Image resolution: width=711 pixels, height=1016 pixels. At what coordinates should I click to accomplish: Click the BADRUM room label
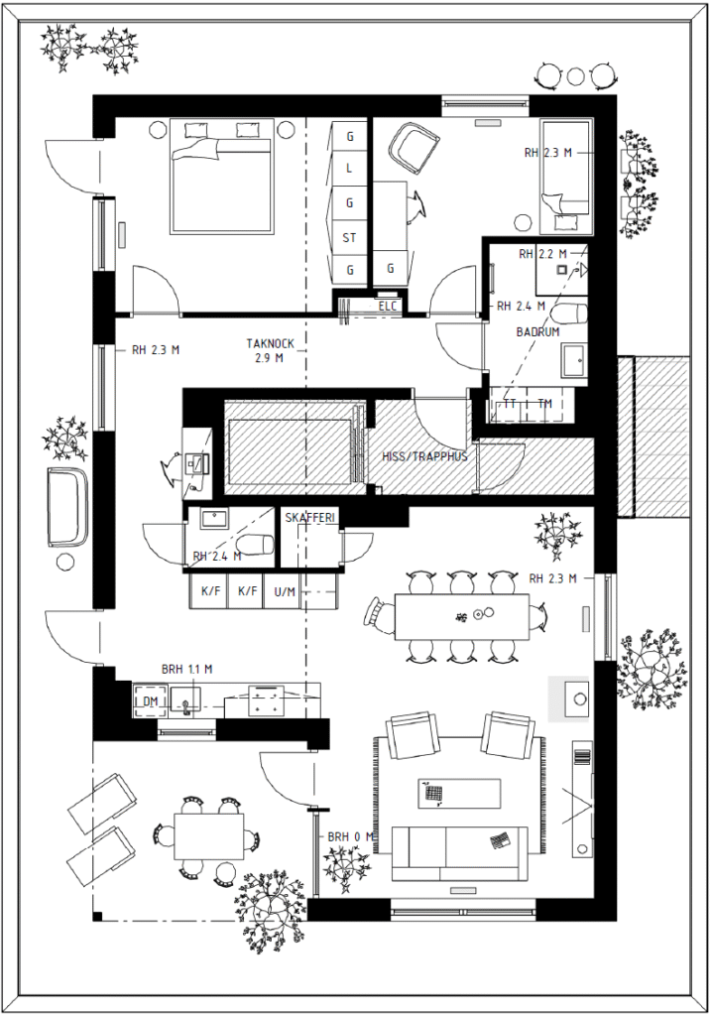pyautogui.click(x=537, y=331)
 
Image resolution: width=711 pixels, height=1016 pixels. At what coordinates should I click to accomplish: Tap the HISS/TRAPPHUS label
pyautogui.click(x=424, y=456)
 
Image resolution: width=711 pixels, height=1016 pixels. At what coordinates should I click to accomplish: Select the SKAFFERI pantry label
pyautogui.click(x=309, y=517)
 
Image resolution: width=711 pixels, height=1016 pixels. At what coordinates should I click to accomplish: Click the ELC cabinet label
pyautogui.click(x=387, y=307)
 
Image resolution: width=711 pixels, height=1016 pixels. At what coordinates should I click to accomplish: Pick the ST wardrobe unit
pyautogui.click(x=350, y=237)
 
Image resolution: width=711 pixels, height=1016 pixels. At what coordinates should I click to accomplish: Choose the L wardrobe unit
pyautogui.click(x=350, y=169)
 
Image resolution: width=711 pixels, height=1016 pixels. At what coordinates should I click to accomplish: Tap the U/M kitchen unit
pyautogui.click(x=285, y=591)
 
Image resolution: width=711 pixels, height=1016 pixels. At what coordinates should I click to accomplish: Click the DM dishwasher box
pyautogui.click(x=150, y=700)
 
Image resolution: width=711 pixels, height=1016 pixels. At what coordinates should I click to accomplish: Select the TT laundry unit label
pyautogui.click(x=511, y=404)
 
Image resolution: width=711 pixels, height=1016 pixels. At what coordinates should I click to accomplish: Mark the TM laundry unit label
pyautogui.click(x=545, y=404)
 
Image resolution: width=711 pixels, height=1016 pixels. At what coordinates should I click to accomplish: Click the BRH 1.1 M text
pyautogui.click(x=186, y=670)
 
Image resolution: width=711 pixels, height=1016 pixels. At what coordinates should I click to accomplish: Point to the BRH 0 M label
pyautogui.click(x=351, y=836)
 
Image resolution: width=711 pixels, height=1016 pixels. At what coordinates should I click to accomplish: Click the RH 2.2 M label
pyautogui.click(x=542, y=254)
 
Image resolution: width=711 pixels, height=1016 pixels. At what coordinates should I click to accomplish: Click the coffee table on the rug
pyautogui.click(x=460, y=793)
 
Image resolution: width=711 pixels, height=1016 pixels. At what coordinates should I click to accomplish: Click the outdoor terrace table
pyautogui.click(x=209, y=834)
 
